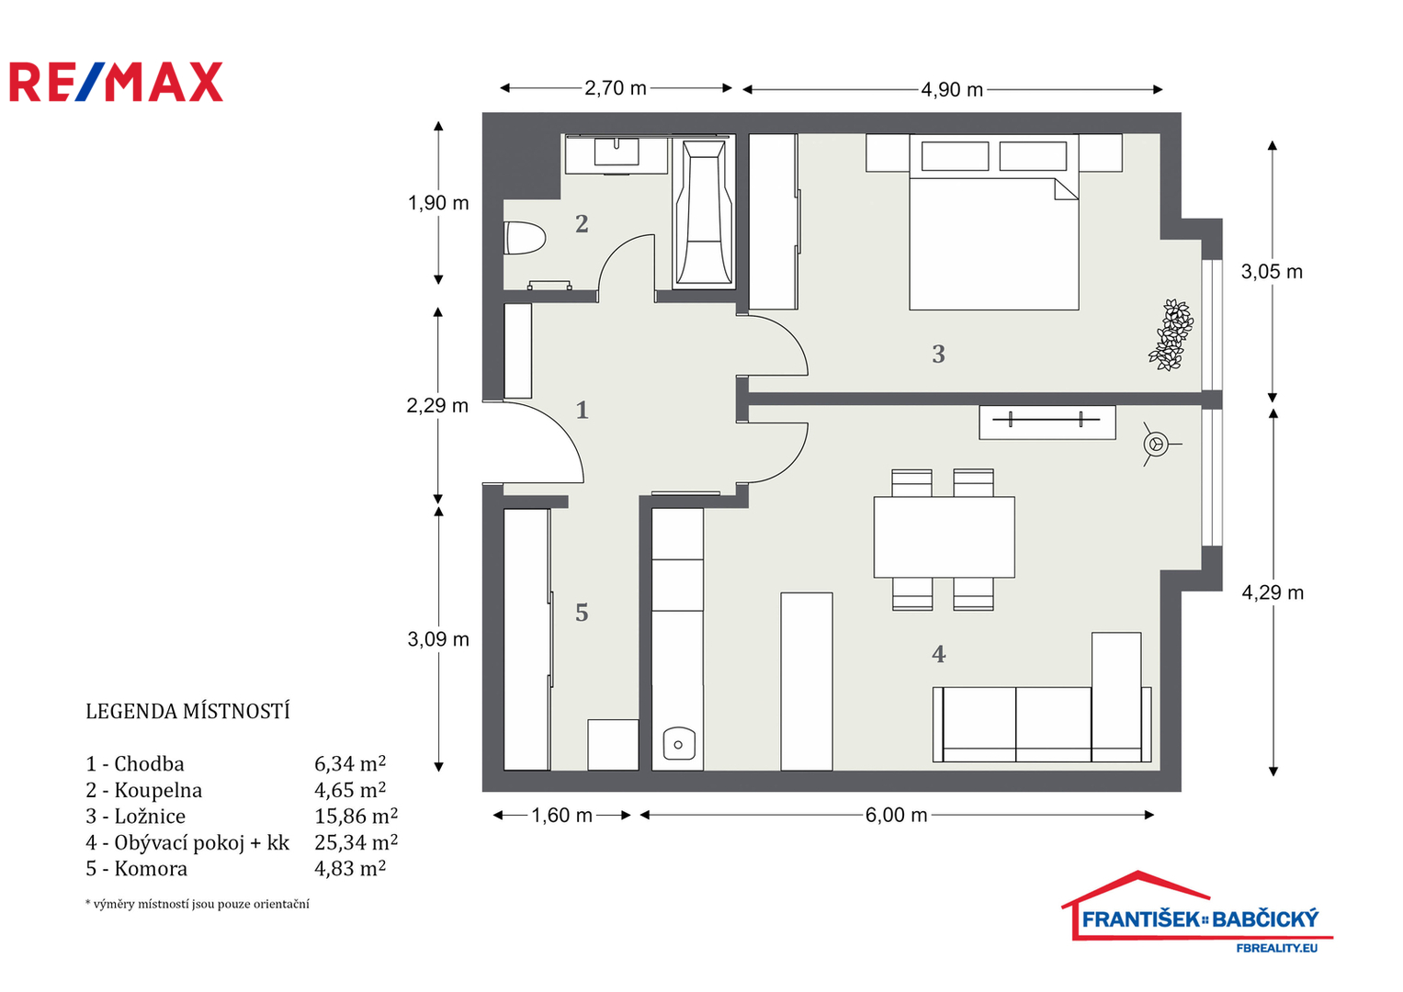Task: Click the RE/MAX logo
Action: click(x=117, y=82)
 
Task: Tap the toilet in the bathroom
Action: click(x=525, y=238)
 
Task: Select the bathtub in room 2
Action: click(x=704, y=212)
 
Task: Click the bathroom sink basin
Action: click(x=617, y=152)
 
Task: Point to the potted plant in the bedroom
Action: click(x=1171, y=335)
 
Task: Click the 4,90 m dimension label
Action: click(x=952, y=90)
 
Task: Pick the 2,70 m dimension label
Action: click(x=616, y=88)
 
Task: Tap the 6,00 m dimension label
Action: click(x=897, y=816)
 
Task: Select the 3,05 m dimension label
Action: click(x=1273, y=272)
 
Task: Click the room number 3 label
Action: click(x=938, y=355)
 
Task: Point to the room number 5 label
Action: click(x=582, y=614)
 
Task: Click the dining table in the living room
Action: click(x=945, y=537)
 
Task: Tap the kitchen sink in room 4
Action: click(x=679, y=743)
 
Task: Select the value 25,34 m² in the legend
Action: click(x=356, y=842)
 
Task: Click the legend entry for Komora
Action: click(x=137, y=869)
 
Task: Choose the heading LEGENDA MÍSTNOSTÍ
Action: click(x=188, y=712)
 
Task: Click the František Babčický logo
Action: click(x=1197, y=912)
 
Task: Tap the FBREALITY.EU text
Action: click(x=1277, y=948)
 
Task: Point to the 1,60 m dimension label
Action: click(x=561, y=816)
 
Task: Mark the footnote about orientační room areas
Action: click(x=198, y=905)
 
